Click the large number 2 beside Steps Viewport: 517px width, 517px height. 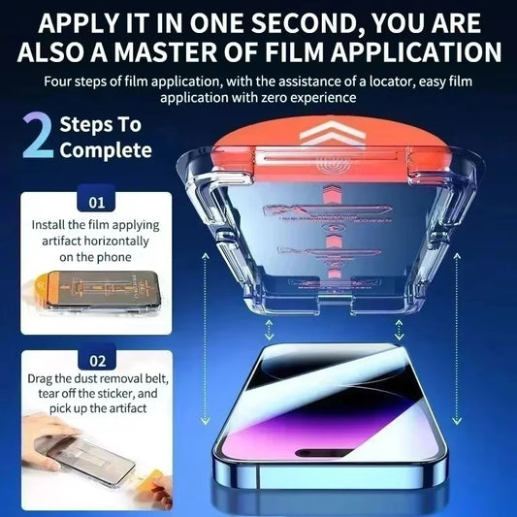click(35, 137)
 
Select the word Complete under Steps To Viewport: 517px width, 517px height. click(106, 150)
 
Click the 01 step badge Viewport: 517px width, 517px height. click(96, 204)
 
